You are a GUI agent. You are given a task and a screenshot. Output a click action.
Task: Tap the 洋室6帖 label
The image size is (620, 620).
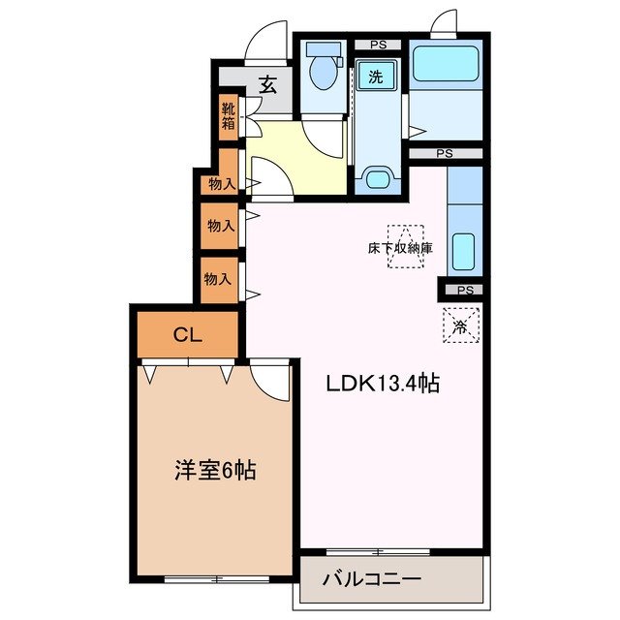tap(215, 472)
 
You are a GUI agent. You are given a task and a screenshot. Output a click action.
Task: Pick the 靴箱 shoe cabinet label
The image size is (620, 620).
tap(228, 116)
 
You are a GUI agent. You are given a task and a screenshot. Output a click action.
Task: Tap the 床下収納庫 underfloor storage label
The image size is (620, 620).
tap(399, 248)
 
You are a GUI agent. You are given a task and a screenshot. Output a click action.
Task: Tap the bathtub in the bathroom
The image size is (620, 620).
tap(445, 65)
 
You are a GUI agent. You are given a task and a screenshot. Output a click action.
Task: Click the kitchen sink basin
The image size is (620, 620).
tap(464, 252)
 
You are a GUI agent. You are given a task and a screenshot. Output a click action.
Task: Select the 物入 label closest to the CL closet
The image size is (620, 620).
tap(218, 279)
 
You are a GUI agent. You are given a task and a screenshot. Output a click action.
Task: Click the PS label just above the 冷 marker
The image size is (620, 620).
tap(464, 290)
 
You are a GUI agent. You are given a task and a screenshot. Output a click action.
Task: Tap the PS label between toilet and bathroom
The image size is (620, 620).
tap(377, 44)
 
